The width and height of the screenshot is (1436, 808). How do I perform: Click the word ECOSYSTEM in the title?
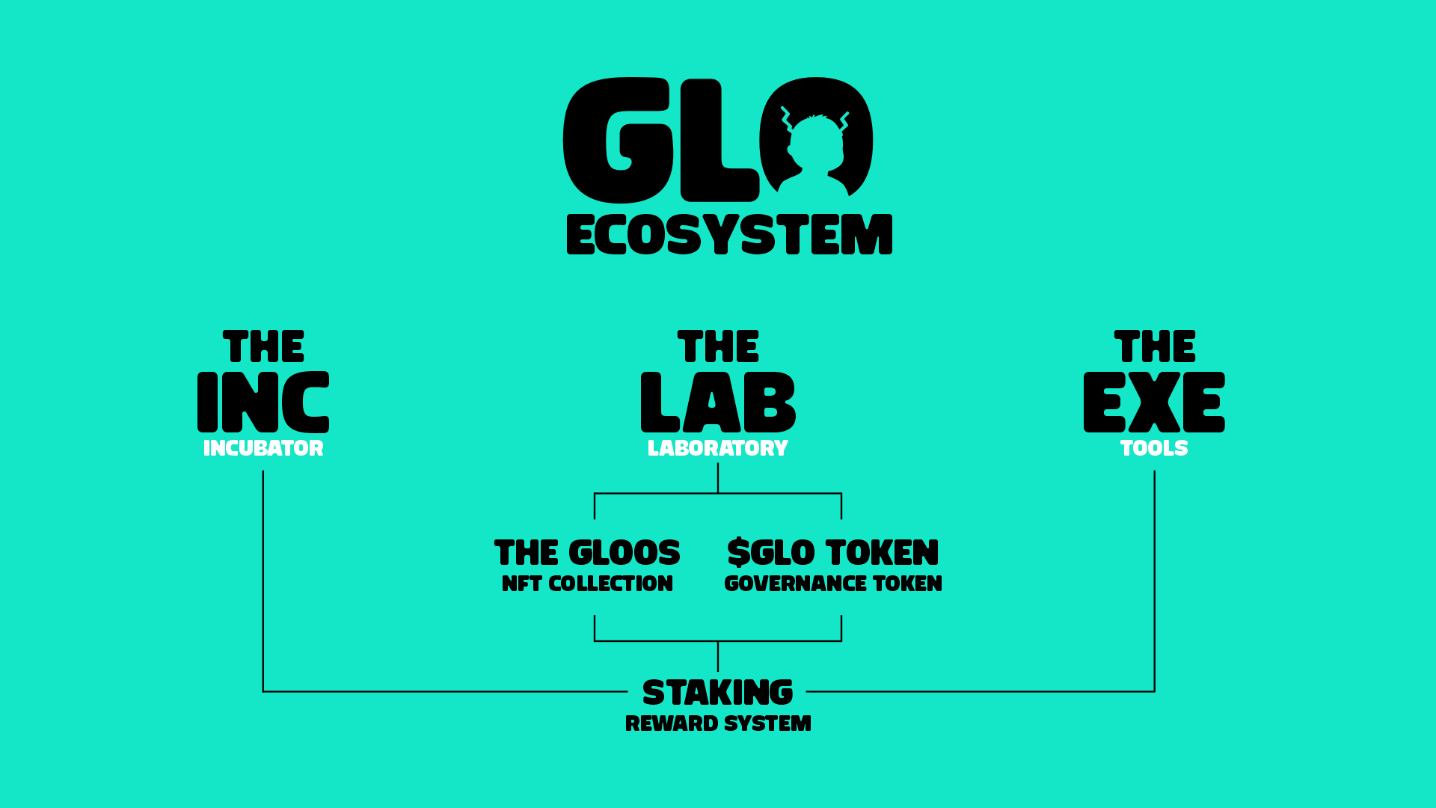click(729, 235)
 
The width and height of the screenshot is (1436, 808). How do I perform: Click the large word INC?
click(263, 403)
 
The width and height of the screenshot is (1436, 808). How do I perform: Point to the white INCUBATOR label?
click(263, 448)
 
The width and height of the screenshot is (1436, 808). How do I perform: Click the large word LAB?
click(718, 403)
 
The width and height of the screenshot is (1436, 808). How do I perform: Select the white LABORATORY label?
click(718, 448)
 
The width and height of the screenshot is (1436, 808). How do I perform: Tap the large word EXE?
click(1154, 403)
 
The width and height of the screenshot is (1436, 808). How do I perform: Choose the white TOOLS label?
click(1154, 448)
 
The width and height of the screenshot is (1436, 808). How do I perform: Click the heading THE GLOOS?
click(587, 553)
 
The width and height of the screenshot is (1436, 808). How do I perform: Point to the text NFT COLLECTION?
click(587, 584)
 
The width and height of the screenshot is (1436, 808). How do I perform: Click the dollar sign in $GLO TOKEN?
click(738, 553)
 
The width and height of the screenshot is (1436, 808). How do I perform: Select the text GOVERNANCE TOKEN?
click(833, 584)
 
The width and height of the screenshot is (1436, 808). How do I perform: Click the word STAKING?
click(718, 693)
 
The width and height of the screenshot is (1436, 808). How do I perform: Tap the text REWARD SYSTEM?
click(718, 723)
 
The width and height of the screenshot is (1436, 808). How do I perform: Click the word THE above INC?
click(263, 346)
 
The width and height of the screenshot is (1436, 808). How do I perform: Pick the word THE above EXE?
click(1155, 346)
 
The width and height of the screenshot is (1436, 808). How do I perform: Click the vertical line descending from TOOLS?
click(1155, 581)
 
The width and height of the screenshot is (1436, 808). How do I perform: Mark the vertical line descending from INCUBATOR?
click(263, 581)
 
